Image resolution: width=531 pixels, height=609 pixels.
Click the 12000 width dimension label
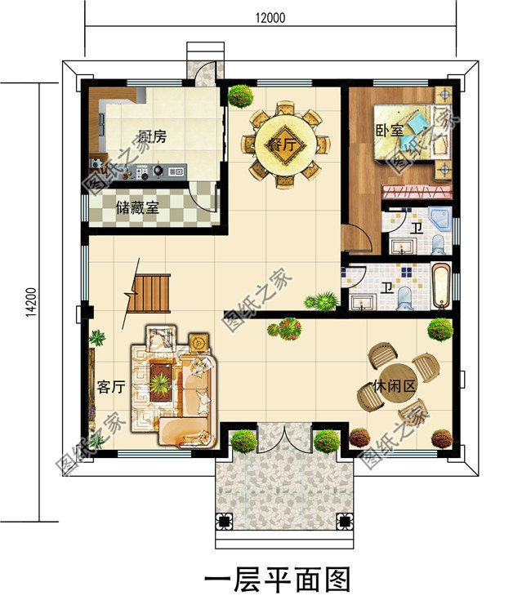(270, 17)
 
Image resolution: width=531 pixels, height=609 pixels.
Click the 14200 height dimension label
(31, 302)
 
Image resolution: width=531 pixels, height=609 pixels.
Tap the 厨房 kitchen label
(153, 136)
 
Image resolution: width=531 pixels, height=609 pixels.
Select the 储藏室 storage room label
(137, 208)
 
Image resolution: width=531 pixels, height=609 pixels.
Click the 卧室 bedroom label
(389, 131)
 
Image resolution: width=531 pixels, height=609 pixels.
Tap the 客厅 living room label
(111, 387)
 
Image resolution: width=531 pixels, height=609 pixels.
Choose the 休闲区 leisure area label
(394, 386)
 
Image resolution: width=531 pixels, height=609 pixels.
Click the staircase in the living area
(149, 293)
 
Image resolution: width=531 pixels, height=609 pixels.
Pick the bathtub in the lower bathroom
(440, 287)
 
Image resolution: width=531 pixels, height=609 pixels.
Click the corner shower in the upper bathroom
(440, 218)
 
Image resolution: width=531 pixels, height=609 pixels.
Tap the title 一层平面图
(277, 580)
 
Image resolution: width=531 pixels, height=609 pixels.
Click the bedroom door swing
(356, 238)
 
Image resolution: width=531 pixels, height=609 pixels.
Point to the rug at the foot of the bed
(417, 192)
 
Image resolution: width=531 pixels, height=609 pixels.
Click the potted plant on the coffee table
(160, 383)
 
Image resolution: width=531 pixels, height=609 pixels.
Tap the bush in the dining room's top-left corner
(241, 96)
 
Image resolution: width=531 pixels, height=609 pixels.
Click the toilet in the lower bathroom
(404, 299)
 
